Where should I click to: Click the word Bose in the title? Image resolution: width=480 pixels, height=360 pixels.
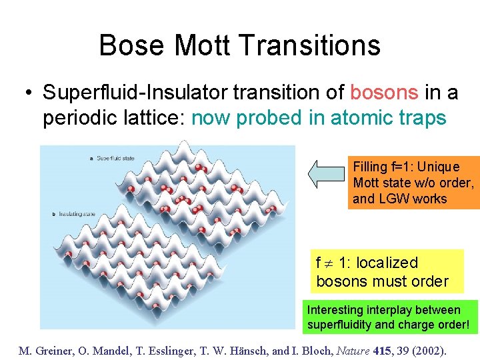132,45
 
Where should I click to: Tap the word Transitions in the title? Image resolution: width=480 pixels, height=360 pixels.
309,45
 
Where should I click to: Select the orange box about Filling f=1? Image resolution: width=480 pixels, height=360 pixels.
413,182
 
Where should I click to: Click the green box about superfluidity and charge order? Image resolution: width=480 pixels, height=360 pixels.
392,318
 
